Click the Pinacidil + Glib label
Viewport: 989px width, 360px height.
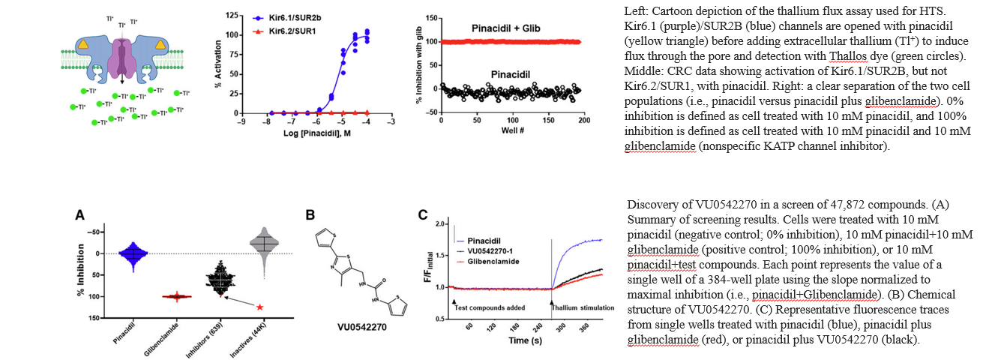click(506, 28)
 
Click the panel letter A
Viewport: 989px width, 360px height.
click(79, 214)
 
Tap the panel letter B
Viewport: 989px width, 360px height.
click(310, 214)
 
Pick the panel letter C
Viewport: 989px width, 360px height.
click(423, 214)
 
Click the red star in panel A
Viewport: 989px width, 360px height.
click(259, 307)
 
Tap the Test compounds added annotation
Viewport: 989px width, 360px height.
click(488, 307)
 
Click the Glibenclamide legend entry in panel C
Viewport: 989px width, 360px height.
click(492, 261)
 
